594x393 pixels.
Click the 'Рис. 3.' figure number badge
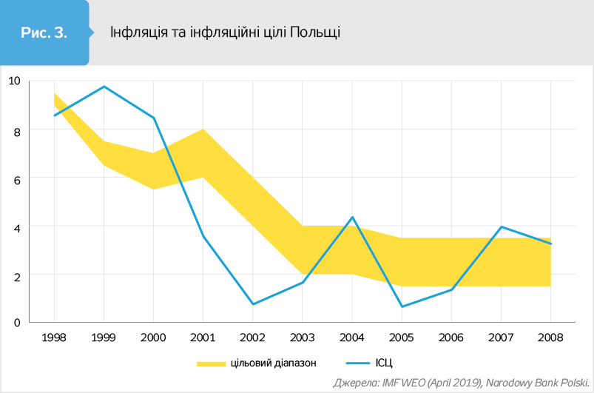coord(44,33)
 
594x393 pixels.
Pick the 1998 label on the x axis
coord(54,337)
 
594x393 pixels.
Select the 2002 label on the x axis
coord(252,337)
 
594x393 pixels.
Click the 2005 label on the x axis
coord(402,337)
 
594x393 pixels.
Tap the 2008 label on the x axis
coord(550,337)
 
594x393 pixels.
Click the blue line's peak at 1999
coord(104,87)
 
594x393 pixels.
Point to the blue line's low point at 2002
coord(252,304)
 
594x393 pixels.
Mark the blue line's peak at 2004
coord(353,217)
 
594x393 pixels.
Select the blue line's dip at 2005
coord(402,306)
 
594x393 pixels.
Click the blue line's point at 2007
coord(502,226)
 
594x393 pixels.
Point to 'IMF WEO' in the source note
coord(404,383)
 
